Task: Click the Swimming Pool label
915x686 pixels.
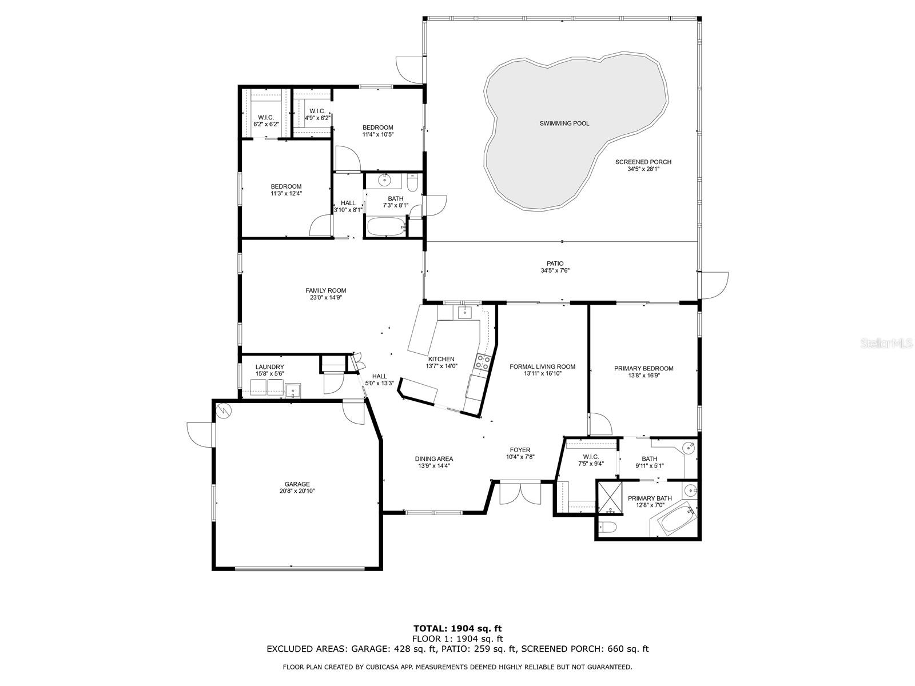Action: tap(564, 123)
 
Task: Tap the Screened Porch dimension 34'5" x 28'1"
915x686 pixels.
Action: tap(643, 169)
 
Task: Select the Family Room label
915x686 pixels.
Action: tap(325, 290)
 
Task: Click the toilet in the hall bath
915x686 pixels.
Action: tap(413, 182)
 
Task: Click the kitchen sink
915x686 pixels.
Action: tap(464, 312)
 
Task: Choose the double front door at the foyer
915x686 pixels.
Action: tap(519, 493)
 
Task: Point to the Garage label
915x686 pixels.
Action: tap(297, 484)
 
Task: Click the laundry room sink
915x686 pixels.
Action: tap(293, 390)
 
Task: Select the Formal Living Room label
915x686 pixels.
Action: tap(542, 366)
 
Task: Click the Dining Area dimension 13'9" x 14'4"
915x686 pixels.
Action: tap(433, 466)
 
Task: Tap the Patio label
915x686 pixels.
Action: tap(555, 263)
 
